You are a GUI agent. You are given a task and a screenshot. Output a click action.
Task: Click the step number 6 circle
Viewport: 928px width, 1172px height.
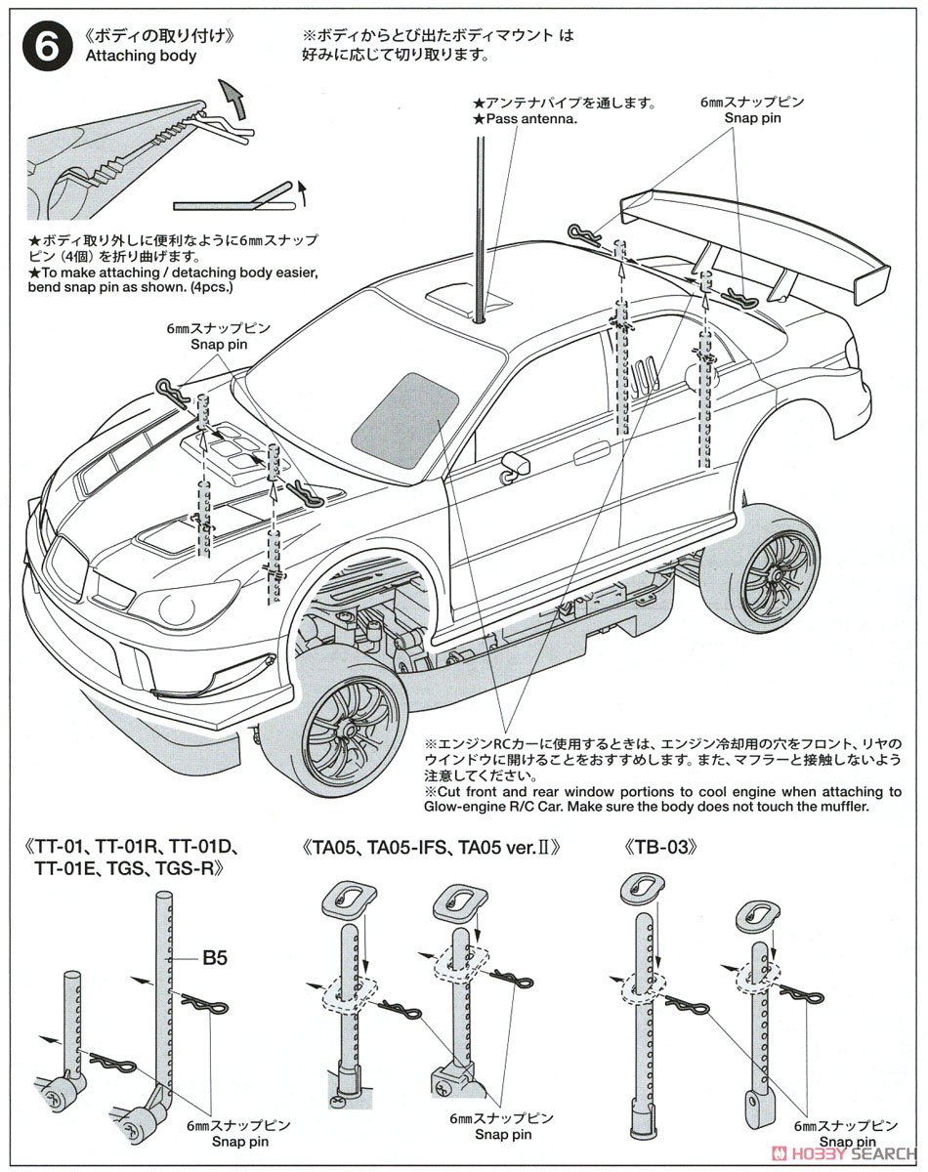[x=45, y=45]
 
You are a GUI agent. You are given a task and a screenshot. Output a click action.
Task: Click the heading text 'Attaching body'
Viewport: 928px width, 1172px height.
[x=141, y=56]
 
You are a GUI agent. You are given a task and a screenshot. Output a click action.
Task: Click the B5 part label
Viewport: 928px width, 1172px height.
[x=215, y=958]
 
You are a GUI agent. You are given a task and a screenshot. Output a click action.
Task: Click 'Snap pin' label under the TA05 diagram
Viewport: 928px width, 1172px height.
[x=504, y=1134]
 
